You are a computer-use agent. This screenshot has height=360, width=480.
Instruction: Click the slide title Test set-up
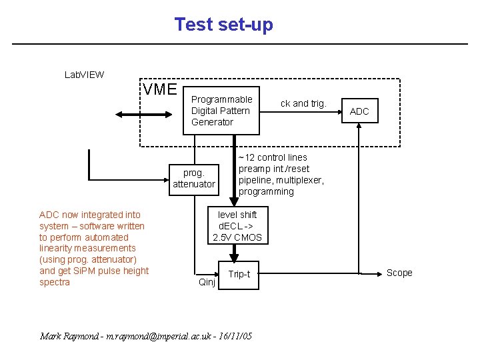click(x=223, y=25)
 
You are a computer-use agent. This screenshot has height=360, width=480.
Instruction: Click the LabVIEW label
click(x=84, y=74)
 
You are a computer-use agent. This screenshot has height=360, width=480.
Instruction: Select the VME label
click(x=160, y=89)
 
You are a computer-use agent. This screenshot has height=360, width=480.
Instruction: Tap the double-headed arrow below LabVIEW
click(x=142, y=114)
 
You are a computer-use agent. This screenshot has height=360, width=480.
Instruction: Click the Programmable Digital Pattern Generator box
click(x=221, y=111)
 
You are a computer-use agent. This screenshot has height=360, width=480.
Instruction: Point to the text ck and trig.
click(x=303, y=103)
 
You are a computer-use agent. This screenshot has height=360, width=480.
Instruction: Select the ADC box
click(x=359, y=111)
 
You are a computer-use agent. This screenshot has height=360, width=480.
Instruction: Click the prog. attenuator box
click(x=194, y=179)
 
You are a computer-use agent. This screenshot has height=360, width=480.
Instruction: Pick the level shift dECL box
click(x=237, y=226)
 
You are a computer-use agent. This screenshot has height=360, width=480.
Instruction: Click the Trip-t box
click(x=239, y=274)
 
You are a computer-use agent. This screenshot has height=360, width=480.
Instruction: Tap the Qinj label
click(x=207, y=282)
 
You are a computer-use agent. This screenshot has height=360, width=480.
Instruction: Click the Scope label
click(x=399, y=273)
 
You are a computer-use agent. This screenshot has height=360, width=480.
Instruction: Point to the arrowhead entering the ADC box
click(x=359, y=129)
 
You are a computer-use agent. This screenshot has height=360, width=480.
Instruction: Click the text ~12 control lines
click(x=273, y=157)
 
